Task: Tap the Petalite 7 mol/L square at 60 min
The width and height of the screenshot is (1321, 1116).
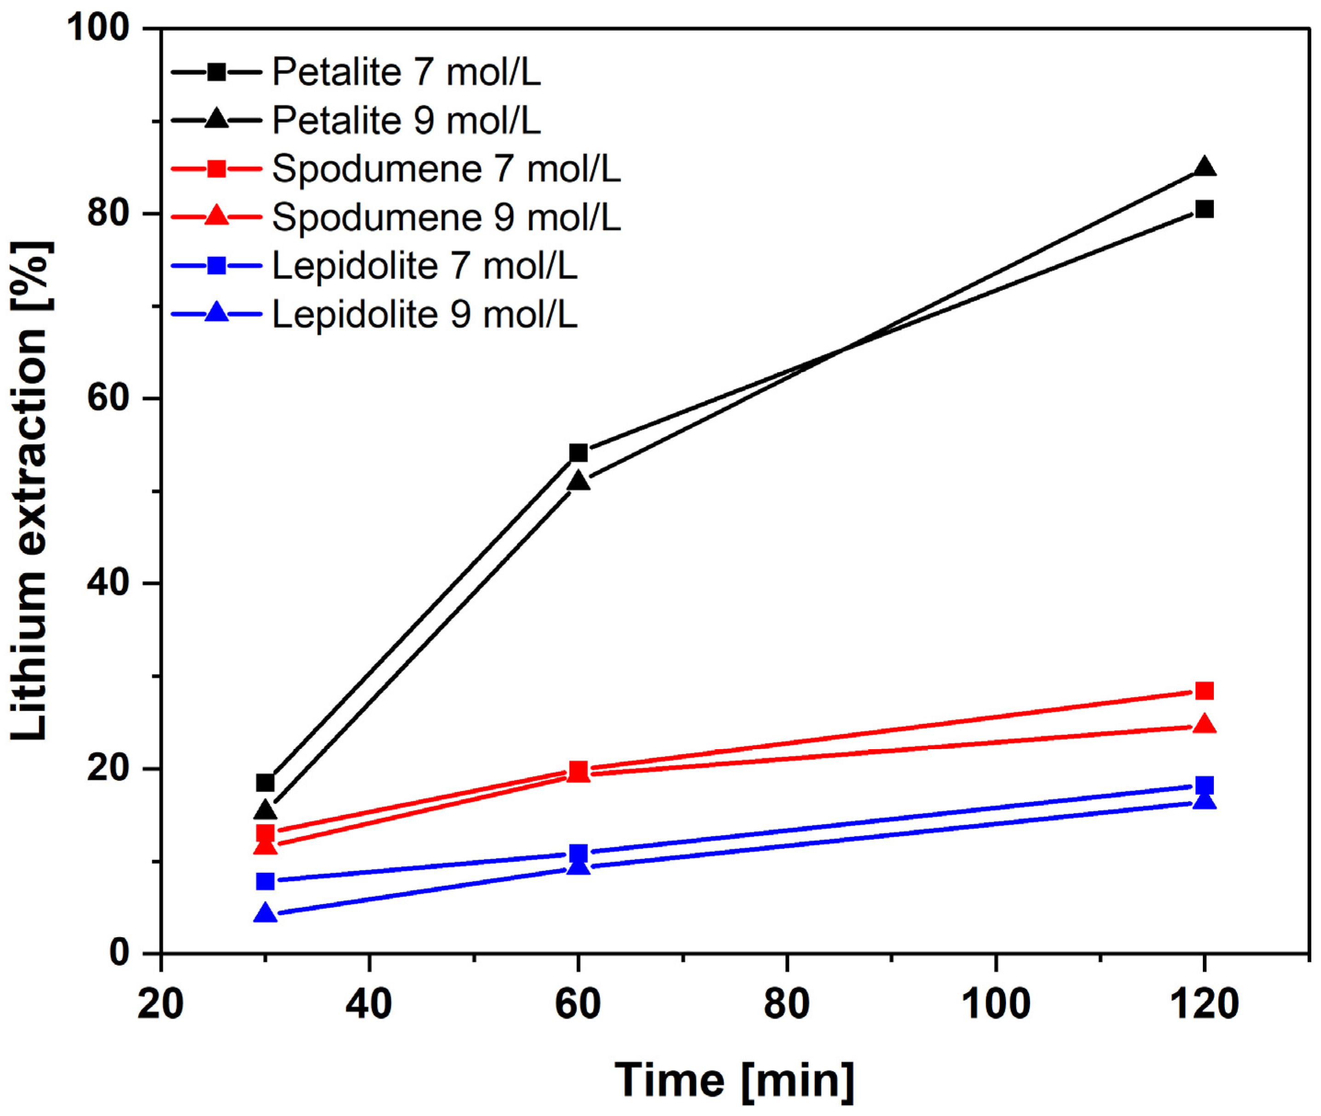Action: (x=578, y=453)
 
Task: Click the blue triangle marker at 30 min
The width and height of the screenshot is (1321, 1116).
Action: (x=265, y=914)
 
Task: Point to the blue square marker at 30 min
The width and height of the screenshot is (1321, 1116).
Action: (x=265, y=881)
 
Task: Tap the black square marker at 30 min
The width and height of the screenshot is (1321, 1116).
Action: (x=265, y=783)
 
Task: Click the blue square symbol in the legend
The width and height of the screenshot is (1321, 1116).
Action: (x=217, y=266)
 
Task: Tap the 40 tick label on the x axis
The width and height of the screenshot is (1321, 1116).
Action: (x=369, y=1004)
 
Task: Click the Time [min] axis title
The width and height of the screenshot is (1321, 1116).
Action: (x=734, y=1080)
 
